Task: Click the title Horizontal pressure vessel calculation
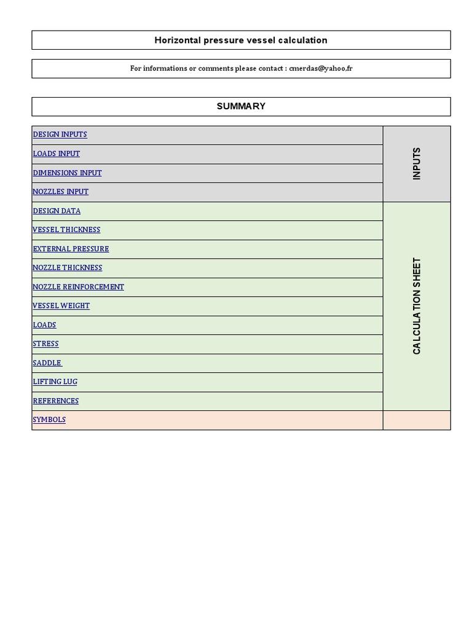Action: (x=241, y=41)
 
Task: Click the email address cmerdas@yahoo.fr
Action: (x=321, y=69)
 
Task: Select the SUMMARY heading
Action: (x=241, y=106)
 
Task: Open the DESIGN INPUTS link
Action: (x=60, y=135)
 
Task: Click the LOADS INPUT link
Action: (x=57, y=154)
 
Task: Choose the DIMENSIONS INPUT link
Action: (x=68, y=173)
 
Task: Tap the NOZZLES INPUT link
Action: (x=61, y=192)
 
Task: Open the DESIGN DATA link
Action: (x=57, y=211)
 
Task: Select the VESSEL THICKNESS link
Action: (x=66, y=230)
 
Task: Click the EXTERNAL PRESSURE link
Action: (x=71, y=249)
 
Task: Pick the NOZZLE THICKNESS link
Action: (x=68, y=268)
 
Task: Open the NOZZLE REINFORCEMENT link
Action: (x=79, y=287)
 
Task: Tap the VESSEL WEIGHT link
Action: (x=61, y=306)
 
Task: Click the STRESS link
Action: (x=46, y=344)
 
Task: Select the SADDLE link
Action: (x=47, y=363)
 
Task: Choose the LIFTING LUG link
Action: (x=55, y=382)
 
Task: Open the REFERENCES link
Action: (x=56, y=401)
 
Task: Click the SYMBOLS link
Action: (x=49, y=420)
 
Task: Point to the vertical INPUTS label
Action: (x=417, y=163)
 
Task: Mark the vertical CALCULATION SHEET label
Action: (x=417, y=306)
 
